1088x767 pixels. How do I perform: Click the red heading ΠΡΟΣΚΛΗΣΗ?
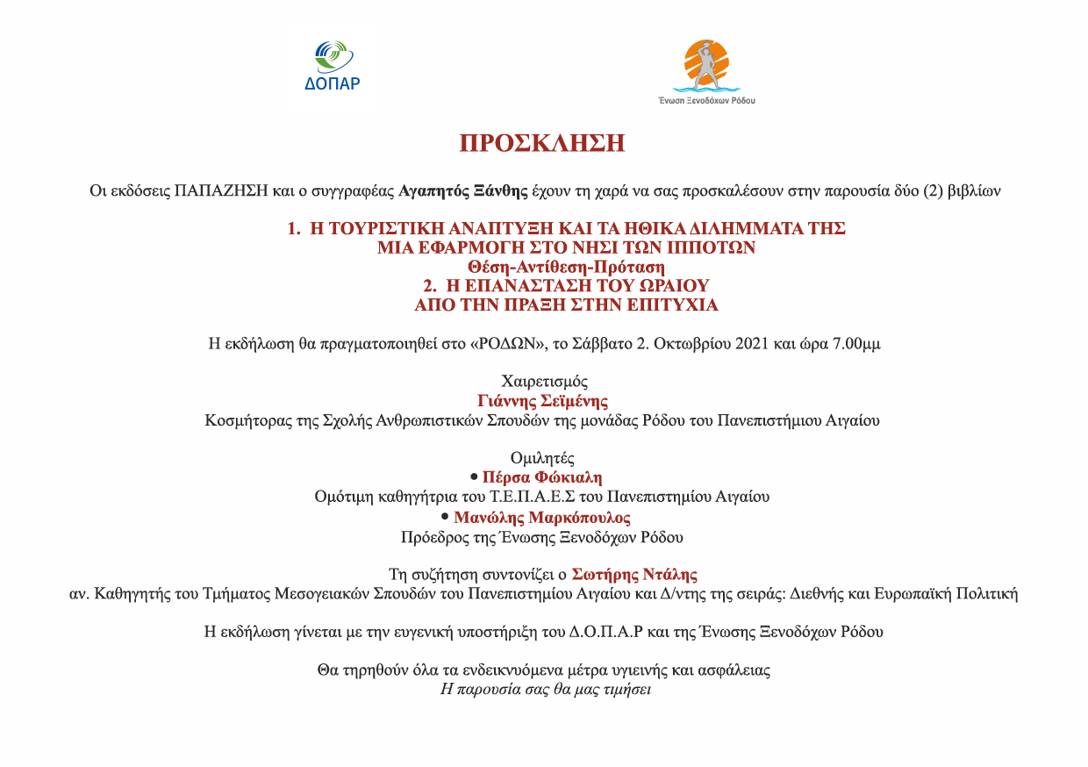[x=542, y=143]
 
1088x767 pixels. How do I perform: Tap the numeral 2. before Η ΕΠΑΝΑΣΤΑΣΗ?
[x=430, y=286]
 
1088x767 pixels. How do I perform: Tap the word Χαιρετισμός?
[x=544, y=382]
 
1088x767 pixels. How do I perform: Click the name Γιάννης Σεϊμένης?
[x=543, y=401]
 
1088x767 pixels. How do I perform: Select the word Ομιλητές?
[x=543, y=458]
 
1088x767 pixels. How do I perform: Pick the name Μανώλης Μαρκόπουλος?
[x=542, y=518]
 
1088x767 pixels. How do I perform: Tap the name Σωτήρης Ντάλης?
[x=634, y=575]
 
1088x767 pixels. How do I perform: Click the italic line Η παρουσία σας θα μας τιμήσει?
[x=544, y=689]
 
